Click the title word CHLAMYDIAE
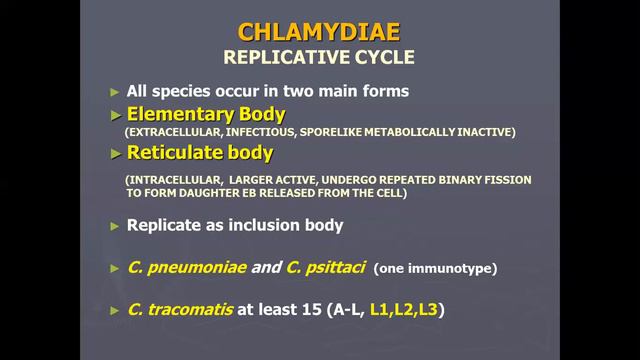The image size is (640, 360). point(318,29)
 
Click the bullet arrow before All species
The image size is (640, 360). point(115,91)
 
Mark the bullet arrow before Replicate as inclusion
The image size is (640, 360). point(115,226)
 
